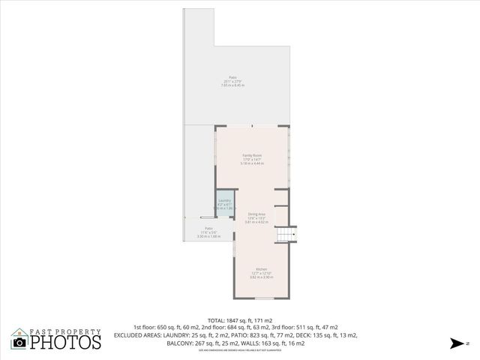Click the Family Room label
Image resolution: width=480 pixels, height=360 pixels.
[x=251, y=155]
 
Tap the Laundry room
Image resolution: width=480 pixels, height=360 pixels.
[x=224, y=204]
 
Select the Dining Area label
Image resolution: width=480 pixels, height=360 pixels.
[x=256, y=214]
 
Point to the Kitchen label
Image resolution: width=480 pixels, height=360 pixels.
[x=261, y=269]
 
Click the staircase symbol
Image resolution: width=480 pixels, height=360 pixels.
[x=286, y=235]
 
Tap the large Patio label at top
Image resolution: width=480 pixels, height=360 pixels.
[x=232, y=77]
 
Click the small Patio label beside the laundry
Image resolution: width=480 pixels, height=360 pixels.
[x=208, y=229]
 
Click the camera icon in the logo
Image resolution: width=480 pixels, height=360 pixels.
[x=20, y=342]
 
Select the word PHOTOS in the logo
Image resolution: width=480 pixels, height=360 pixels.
[x=66, y=342]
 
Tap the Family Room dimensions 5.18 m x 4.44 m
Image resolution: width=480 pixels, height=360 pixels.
[x=251, y=163]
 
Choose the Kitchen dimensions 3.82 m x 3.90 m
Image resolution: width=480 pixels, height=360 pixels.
[x=261, y=277]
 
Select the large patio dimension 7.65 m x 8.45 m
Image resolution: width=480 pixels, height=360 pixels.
[x=232, y=85]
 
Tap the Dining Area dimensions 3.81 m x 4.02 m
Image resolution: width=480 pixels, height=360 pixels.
[x=256, y=222]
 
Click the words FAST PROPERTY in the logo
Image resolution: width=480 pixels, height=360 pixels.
[x=65, y=331]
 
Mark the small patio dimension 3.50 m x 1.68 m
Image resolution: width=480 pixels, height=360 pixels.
[x=208, y=237]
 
